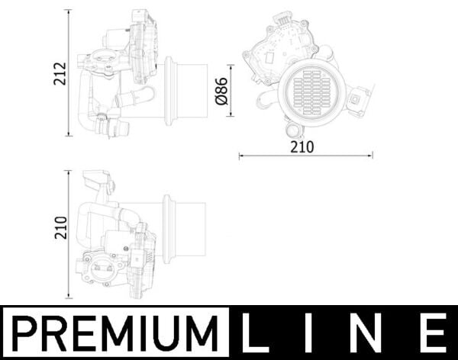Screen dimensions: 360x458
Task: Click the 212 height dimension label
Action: click(x=60, y=73)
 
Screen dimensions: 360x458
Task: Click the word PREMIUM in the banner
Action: click(x=115, y=333)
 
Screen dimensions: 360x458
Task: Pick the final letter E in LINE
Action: click(x=434, y=333)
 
